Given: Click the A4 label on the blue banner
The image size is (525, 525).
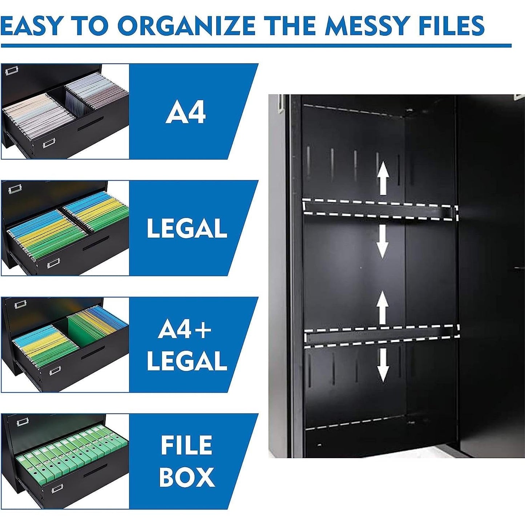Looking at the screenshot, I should (186, 113).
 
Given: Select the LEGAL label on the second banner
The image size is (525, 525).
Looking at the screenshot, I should (187, 229).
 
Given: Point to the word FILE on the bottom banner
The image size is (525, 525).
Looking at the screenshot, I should (186, 445).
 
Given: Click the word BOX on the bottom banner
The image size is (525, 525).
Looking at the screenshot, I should (187, 477).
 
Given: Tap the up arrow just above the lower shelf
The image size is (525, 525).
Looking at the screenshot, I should (382, 309).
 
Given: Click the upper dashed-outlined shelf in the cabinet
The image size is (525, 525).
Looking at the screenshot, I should (380, 210).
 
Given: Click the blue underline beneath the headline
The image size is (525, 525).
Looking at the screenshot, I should (256, 46).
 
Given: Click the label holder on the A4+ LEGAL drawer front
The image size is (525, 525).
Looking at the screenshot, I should (54, 371).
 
